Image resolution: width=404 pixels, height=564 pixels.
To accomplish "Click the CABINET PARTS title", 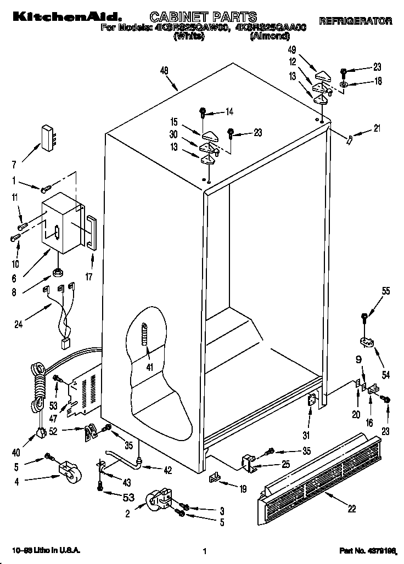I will pyautogui.click(x=203, y=18).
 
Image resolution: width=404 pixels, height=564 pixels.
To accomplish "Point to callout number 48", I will pyautogui.click(x=164, y=70).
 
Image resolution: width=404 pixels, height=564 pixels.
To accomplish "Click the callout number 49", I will pyautogui.click(x=292, y=50).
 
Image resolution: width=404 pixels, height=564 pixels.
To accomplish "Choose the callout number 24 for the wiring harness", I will pyautogui.click(x=19, y=324).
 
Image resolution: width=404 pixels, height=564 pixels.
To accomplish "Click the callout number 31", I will pyautogui.click(x=306, y=437).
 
